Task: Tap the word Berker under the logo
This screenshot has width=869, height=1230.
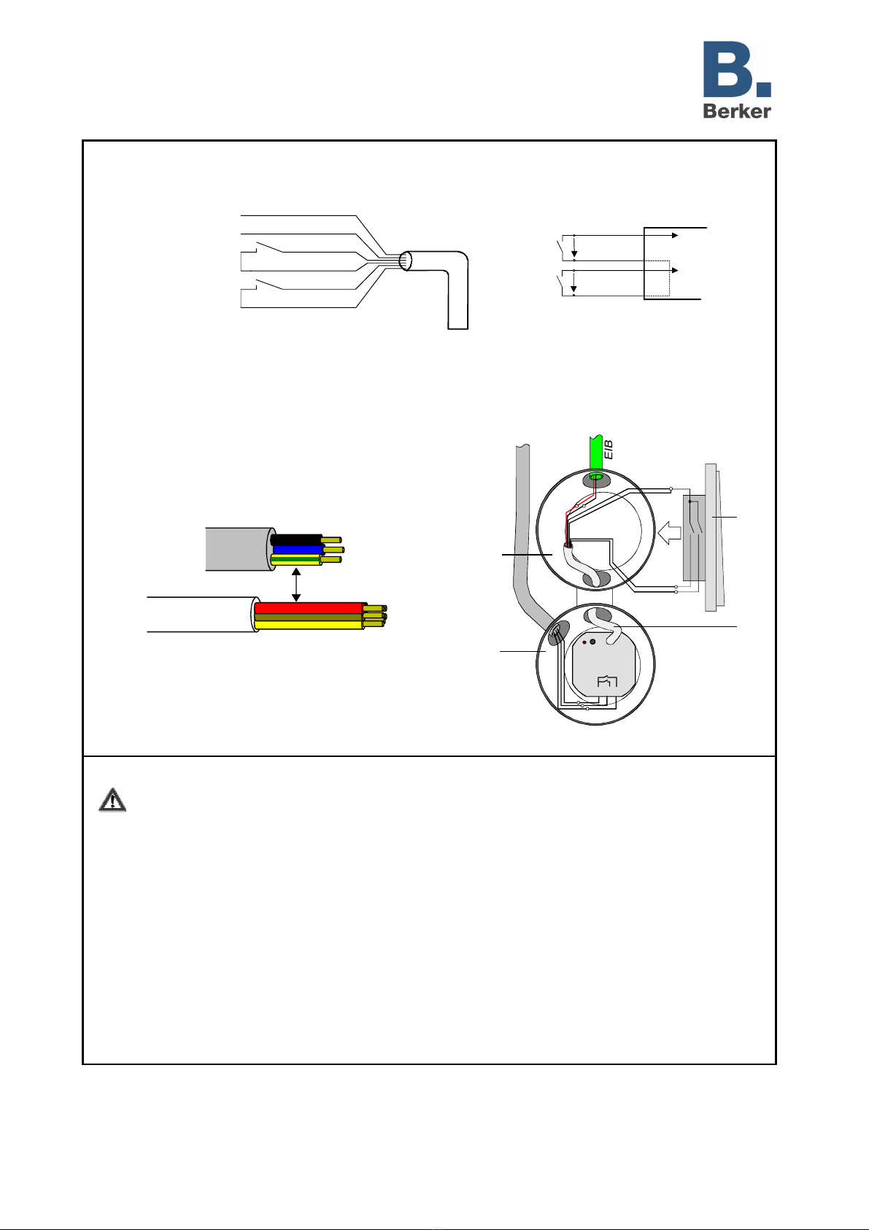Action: click(737, 110)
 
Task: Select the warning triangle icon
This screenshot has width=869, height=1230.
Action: click(112, 800)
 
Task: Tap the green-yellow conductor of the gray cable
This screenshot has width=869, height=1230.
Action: click(296, 560)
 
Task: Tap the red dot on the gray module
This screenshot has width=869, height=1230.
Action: click(584, 643)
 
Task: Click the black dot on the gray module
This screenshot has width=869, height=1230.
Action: click(593, 642)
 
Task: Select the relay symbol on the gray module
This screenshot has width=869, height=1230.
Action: click(607, 682)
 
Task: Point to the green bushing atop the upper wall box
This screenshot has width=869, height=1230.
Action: click(595, 478)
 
